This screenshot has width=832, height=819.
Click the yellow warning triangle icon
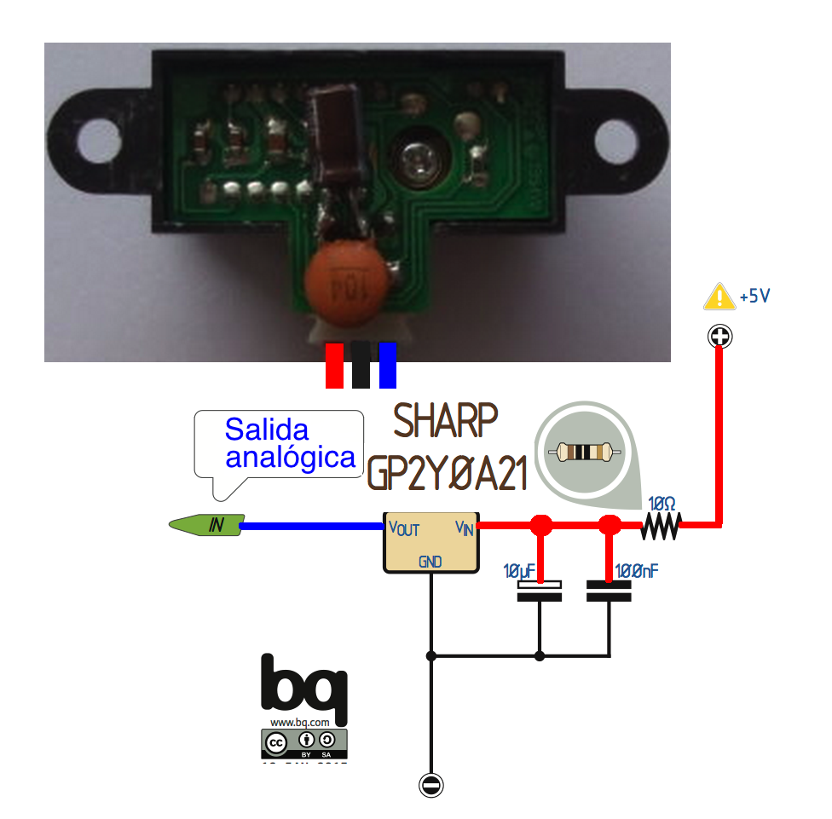point(719,297)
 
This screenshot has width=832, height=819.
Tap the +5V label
point(755,297)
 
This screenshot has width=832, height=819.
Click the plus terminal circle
point(720,337)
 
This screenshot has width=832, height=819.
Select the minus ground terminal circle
point(432,785)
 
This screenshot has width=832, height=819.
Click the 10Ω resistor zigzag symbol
point(662,527)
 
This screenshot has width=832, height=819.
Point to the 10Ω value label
point(663,503)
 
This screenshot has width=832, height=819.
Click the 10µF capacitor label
point(521,570)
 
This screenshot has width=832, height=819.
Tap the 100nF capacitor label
point(636,570)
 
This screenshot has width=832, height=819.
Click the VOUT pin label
point(404,528)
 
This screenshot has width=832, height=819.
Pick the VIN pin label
point(465,528)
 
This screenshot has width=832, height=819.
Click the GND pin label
point(430,562)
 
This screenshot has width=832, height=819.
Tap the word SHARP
point(446,421)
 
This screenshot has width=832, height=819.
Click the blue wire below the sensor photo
point(388,365)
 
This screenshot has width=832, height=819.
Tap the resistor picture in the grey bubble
point(585,452)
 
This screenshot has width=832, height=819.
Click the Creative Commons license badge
point(304,743)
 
